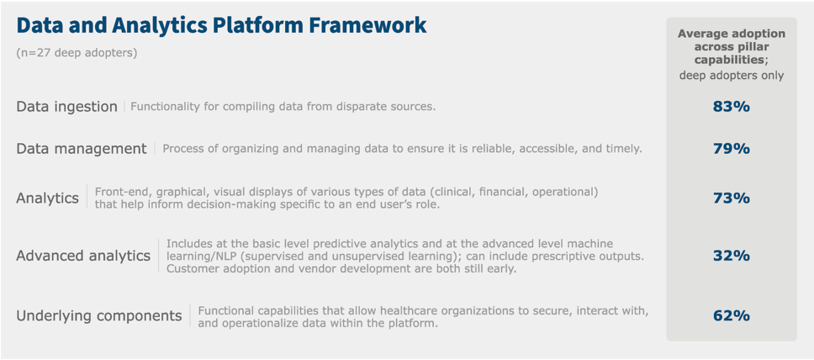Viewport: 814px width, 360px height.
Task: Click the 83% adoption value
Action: pos(732,107)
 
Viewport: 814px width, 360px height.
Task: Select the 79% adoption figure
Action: pos(732,149)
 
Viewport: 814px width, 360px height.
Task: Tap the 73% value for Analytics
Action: pos(732,198)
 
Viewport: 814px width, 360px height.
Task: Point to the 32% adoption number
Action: pos(732,256)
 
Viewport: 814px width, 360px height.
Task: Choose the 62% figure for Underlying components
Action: pos(732,315)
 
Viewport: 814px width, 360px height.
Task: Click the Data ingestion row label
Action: pos(67,107)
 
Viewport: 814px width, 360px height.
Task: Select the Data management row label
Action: pos(82,149)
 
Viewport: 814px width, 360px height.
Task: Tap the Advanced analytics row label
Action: pos(83,256)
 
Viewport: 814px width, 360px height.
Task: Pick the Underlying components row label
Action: pos(99,316)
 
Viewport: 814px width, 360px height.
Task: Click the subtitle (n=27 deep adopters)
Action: pos(77,53)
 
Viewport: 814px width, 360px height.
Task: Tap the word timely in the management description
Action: pos(626,149)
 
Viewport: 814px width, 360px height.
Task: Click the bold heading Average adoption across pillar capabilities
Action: pos(732,45)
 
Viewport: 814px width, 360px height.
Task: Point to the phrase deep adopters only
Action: pos(732,76)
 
